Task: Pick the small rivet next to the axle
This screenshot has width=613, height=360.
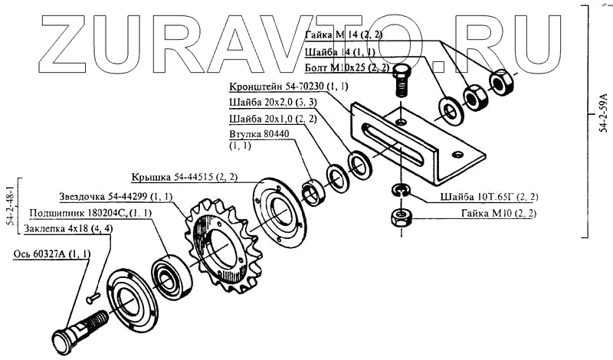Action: [x=93, y=292]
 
